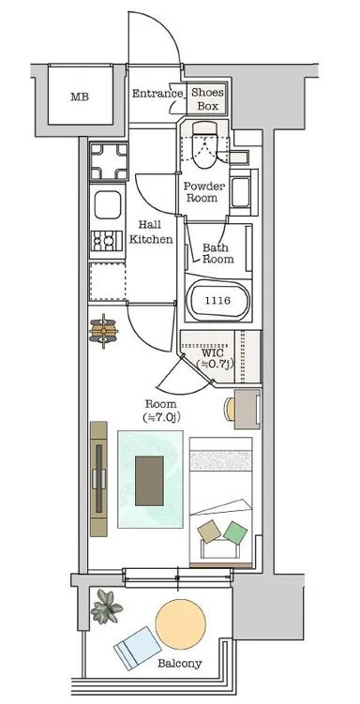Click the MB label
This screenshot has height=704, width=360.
point(80,97)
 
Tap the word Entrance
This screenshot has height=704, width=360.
point(157,94)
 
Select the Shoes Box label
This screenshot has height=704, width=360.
point(207,99)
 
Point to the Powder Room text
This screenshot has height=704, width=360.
point(203,192)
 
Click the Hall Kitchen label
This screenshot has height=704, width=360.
point(151,232)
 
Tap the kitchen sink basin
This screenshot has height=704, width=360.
point(108,204)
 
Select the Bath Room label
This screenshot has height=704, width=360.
point(217,253)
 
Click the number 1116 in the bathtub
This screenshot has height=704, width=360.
point(217,301)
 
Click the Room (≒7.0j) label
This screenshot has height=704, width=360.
point(160,411)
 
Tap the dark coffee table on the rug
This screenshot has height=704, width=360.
point(149,481)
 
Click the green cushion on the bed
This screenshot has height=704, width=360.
point(235,533)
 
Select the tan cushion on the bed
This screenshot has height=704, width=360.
point(209,532)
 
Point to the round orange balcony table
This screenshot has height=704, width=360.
point(181,624)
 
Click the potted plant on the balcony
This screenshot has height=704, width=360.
point(106,607)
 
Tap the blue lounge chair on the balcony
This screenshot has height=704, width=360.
point(138,649)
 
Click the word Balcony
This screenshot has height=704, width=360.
point(180,663)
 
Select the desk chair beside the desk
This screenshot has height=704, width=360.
point(230,409)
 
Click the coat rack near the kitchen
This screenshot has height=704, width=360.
point(104,331)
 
